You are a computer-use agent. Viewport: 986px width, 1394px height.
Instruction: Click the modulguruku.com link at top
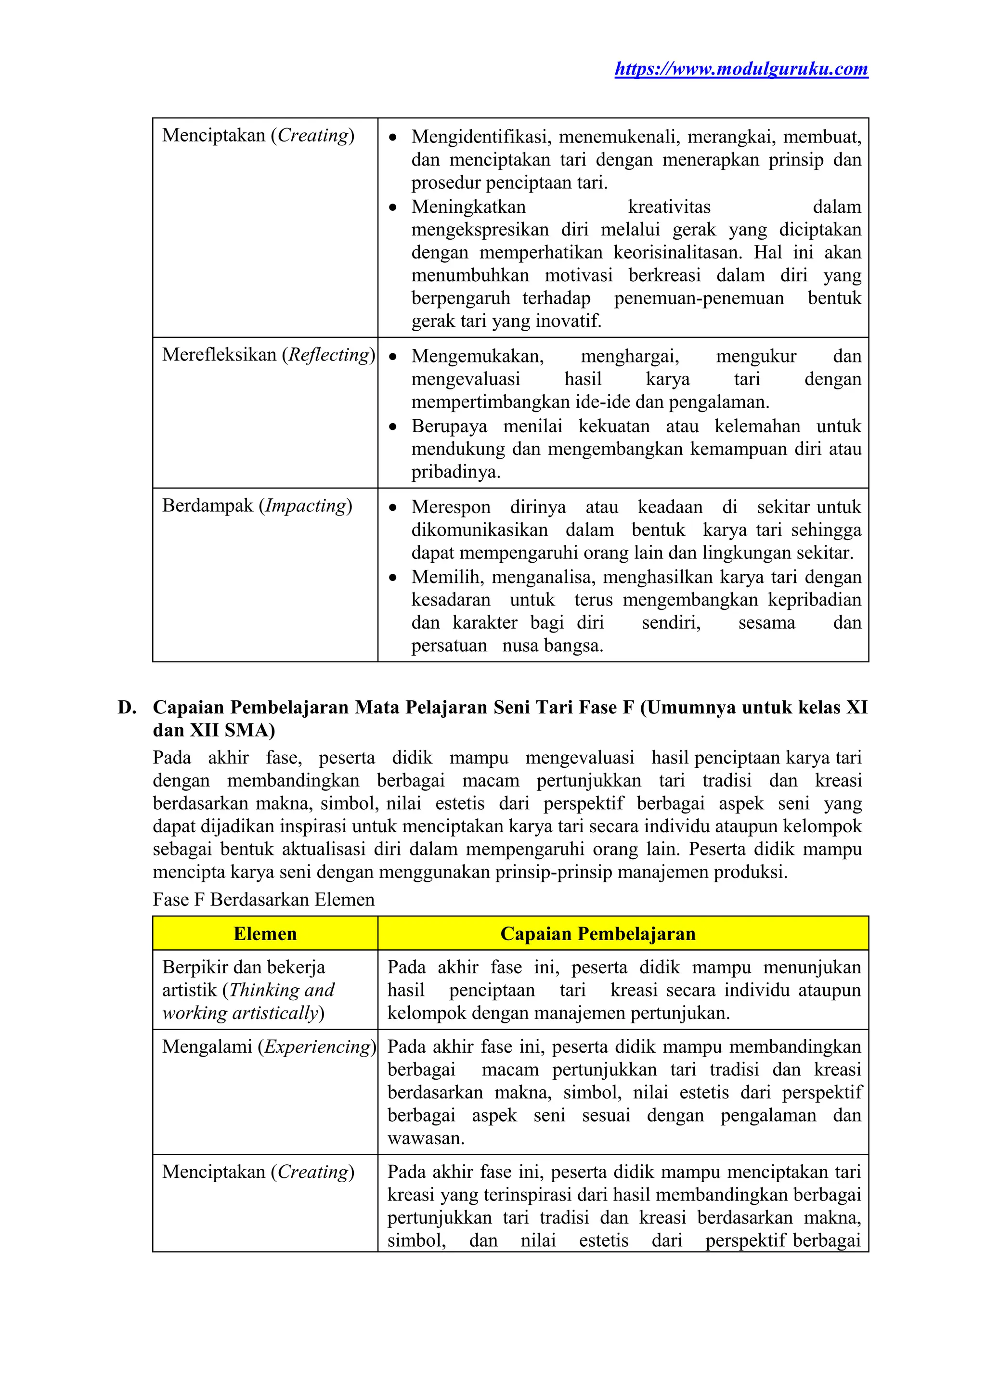tap(741, 69)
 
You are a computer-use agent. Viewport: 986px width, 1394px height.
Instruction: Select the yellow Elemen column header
tap(265, 934)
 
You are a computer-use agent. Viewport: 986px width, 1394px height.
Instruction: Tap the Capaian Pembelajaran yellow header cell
tap(597, 934)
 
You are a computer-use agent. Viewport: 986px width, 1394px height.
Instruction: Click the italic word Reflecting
tap(328, 355)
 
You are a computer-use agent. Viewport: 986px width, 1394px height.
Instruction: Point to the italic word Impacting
tap(305, 506)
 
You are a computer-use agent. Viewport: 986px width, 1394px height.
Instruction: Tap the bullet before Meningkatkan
tap(393, 207)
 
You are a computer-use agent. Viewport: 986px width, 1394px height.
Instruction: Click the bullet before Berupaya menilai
tap(393, 427)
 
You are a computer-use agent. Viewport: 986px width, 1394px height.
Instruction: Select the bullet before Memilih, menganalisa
tap(393, 578)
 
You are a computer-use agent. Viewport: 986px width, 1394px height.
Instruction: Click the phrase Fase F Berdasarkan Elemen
tap(263, 900)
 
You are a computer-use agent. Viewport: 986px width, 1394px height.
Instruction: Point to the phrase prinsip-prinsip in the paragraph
tap(540, 873)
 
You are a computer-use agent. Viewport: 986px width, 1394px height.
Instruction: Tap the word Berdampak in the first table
tap(207, 506)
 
